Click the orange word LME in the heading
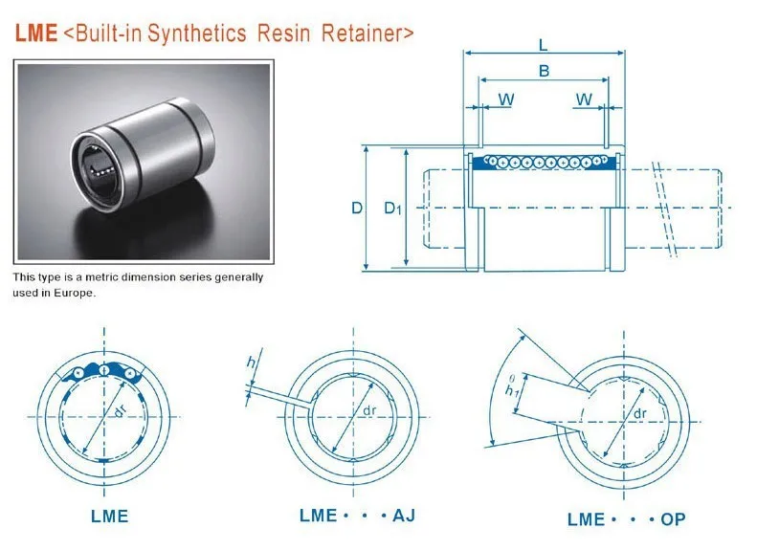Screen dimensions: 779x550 [x=36, y=33]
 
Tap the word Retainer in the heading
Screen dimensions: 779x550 [x=367, y=33]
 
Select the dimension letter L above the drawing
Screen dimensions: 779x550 [x=543, y=45]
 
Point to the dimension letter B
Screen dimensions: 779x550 [x=544, y=71]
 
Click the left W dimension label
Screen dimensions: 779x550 [x=505, y=99]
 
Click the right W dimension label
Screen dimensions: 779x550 [x=584, y=99]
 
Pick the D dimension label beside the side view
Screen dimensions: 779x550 [x=357, y=208]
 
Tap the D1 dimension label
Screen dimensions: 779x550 [x=392, y=208]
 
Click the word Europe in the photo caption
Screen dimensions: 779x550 [x=74, y=293]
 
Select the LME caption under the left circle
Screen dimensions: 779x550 [x=109, y=517]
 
